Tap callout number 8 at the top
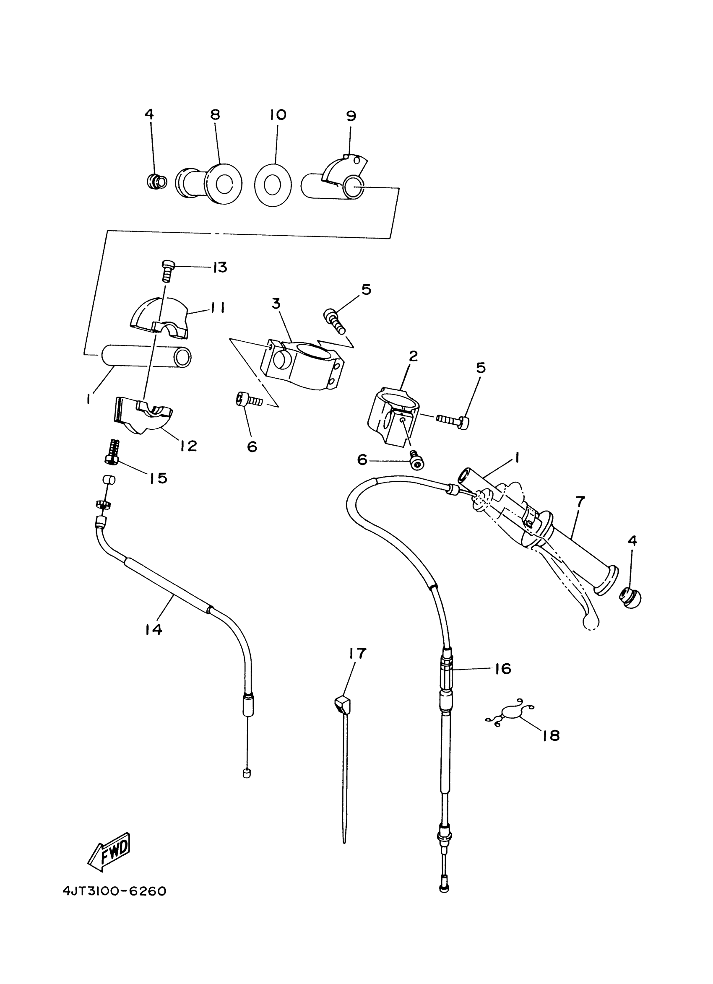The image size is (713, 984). coord(215,114)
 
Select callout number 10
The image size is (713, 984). coord(277,114)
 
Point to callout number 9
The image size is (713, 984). coord(351,116)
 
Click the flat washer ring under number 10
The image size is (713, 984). coord(273,185)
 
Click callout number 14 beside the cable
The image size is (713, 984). coord(154,629)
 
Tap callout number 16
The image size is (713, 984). coord(503,669)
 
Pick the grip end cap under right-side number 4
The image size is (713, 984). coord(630,597)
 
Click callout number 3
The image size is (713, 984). coord(276,304)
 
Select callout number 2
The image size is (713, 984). coord(413,356)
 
